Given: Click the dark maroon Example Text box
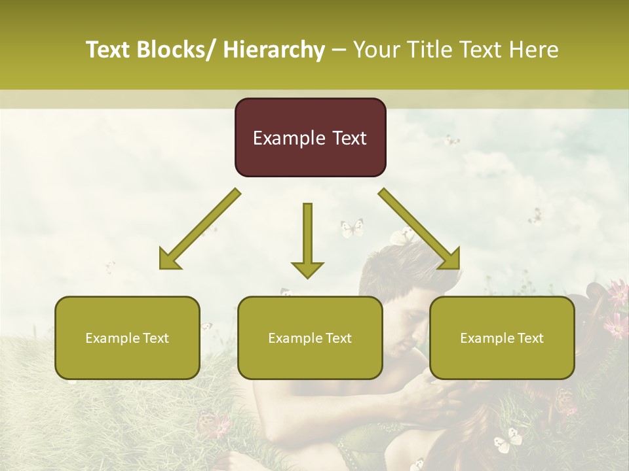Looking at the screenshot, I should click(x=310, y=137).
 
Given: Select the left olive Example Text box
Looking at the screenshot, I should click(x=127, y=338).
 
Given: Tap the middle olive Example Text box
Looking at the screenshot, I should click(x=310, y=338).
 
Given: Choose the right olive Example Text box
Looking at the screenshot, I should click(x=502, y=338).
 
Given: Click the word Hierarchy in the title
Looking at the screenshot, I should click(x=274, y=50).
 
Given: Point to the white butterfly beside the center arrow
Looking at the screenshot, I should click(x=352, y=228).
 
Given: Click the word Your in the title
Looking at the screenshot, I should click(x=376, y=50).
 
